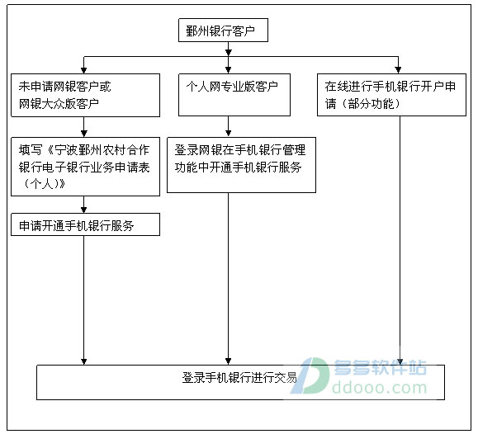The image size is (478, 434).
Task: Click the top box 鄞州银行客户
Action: click(x=223, y=31)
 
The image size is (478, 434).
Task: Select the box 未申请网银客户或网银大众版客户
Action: click(x=85, y=95)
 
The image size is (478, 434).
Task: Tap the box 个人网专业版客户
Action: click(x=234, y=95)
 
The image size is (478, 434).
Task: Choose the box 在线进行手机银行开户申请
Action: click(x=391, y=95)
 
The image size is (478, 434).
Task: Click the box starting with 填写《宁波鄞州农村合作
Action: click(x=85, y=167)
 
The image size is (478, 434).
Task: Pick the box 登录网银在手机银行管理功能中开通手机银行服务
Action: click(x=241, y=165)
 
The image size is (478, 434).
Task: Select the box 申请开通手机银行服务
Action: click(x=85, y=224)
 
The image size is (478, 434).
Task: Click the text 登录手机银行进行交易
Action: click(x=239, y=378)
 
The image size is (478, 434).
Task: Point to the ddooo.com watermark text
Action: click(x=380, y=388)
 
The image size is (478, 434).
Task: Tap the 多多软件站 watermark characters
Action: click(x=380, y=367)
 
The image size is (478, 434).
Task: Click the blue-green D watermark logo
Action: click(x=310, y=375)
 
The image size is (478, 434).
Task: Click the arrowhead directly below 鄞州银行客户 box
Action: click(x=229, y=53)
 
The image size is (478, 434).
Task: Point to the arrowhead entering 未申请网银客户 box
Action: click(x=84, y=70)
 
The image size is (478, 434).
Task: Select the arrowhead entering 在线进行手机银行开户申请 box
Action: click(x=398, y=70)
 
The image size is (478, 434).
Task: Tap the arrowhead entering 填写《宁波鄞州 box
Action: click(x=84, y=134)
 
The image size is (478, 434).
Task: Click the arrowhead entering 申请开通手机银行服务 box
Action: click(x=84, y=210)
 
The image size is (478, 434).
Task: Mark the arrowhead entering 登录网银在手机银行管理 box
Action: click(x=229, y=134)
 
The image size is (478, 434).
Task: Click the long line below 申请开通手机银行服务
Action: click(x=84, y=300)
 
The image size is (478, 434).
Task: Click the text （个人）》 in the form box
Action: click(x=43, y=184)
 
